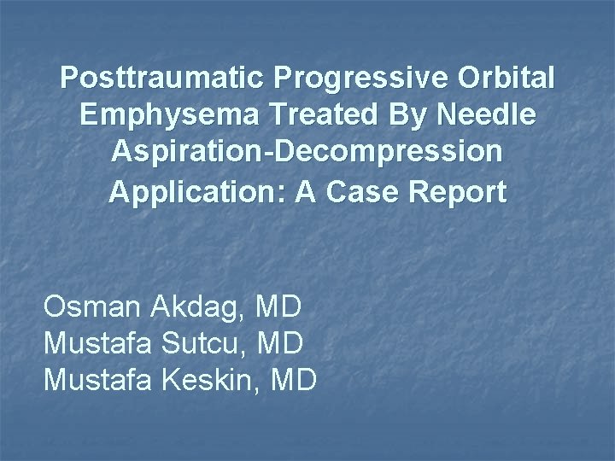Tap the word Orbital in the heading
tap(507, 79)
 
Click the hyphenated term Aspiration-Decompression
tap(307, 155)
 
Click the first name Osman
tap(91, 306)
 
